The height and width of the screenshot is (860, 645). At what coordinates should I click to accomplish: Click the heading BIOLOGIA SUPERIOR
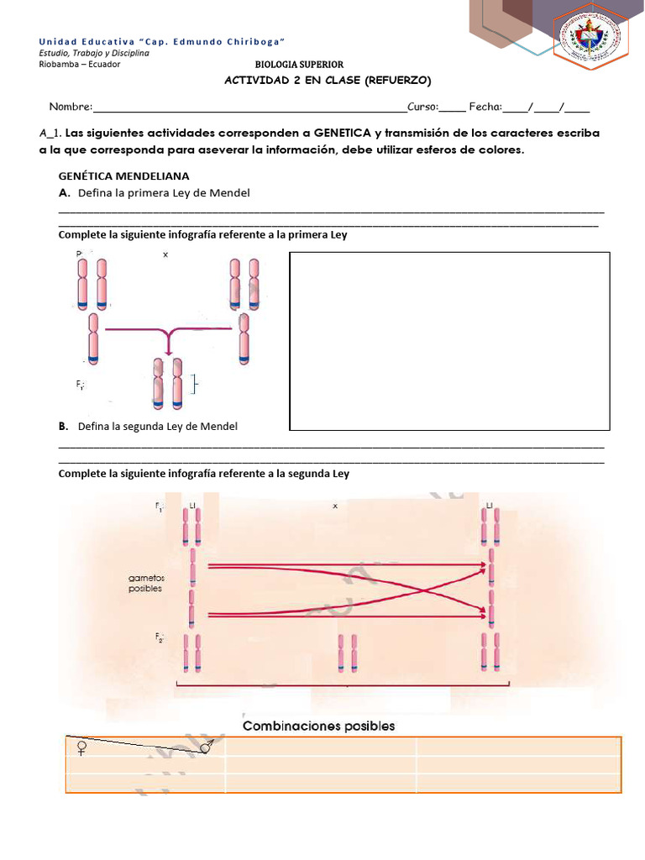click(x=299, y=66)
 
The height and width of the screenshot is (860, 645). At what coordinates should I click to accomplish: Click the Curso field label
click(x=423, y=107)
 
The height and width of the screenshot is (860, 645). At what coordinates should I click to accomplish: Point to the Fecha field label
click(x=485, y=107)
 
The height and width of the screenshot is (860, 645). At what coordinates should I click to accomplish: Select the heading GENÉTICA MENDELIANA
click(x=123, y=176)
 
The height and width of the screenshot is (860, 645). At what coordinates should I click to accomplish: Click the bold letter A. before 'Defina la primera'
click(x=64, y=193)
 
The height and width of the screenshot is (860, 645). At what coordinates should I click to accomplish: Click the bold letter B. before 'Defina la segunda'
click(x=64, y=427)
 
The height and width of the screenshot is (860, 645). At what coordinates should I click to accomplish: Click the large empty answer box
click(x=449, y=340)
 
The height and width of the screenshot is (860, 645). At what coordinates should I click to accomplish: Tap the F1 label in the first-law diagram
click(x=80, y=385)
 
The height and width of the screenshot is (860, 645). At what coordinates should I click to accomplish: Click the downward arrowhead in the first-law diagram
click(x=170, y=348)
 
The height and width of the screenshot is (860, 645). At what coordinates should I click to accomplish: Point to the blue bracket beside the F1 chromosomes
click(x=195, y=385)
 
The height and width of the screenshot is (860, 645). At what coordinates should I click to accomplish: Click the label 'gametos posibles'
click(x=146, y=584)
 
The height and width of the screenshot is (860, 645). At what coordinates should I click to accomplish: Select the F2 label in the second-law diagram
click(x=159, y=639)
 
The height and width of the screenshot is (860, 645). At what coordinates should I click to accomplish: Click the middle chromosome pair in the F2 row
click(x=347, y=652)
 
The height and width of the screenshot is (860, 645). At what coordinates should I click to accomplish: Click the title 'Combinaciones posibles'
click(x=318, y=726)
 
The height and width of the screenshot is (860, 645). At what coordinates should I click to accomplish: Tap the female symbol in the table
click(x=81, y=747)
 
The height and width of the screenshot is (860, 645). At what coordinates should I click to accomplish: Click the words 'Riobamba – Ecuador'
click(x=80, y=65)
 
